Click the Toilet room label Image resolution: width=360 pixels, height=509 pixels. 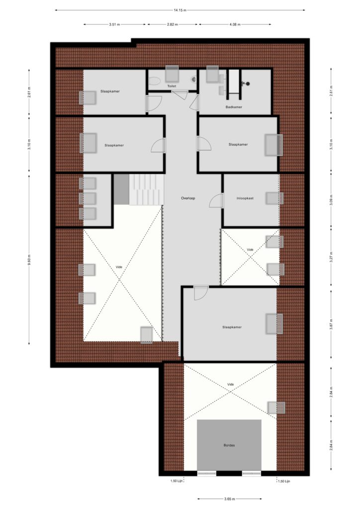172,86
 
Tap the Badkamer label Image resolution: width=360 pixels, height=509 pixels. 234,107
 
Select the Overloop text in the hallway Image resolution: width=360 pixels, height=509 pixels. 188,198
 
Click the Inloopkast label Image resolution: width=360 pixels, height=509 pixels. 245,198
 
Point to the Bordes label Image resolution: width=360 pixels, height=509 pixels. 229,445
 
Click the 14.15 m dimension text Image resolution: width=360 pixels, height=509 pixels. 180,10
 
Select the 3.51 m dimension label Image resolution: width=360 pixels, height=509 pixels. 114,24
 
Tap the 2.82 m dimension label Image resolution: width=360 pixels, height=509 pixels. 173,24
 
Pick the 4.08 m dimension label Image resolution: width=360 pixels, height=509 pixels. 235,24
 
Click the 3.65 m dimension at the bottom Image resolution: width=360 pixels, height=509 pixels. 229,499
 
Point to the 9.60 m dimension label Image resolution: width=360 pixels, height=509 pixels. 29,259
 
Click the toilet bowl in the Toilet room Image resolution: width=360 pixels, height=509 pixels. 155,81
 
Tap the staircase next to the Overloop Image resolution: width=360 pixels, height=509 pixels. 146,189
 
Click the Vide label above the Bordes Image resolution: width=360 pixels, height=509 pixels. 231,384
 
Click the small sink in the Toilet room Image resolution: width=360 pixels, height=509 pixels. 194,79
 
